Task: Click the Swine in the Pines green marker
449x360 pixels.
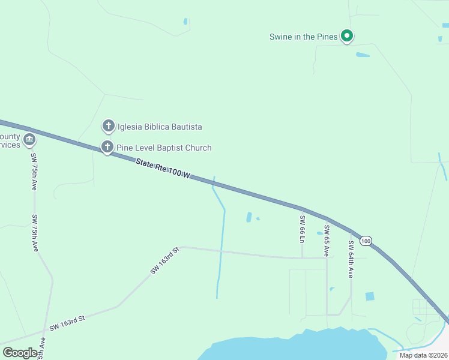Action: [x=346, y=37]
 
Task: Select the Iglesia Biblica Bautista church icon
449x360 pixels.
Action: [x=108, y=126]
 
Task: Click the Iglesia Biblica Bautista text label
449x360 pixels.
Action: [x=160, y=127]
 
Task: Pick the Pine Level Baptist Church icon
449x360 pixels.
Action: [x=107, y=146]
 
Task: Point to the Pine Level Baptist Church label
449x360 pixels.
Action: [x=164, y=148]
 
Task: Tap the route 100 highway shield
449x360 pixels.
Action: [x=366, y=241]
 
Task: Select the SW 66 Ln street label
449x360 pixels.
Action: [x=303, y=229]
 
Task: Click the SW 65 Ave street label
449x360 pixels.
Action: [x=327, y=240]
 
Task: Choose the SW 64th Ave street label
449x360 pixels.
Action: [x=351, y=259]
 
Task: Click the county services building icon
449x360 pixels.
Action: [x=29, y=140]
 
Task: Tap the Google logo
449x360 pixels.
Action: [x=20, y=353]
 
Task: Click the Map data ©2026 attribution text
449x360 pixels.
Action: [x=423, y=355]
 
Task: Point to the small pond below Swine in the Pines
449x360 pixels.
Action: [x=363, y=55]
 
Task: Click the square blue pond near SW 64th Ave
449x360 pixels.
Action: [x=369, y=296]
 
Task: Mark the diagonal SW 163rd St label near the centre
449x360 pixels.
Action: [x=165, y=261]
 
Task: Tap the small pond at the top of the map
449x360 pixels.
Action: [x=185, y=22]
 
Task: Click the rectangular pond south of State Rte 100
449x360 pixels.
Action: [x=249, y=217]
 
